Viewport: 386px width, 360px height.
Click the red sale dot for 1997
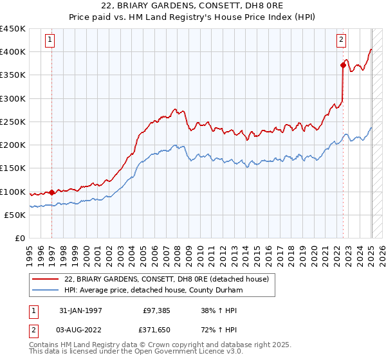51,192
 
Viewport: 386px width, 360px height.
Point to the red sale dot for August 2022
343,64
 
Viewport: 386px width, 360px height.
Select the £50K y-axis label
15,215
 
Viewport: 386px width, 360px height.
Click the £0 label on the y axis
20,239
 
